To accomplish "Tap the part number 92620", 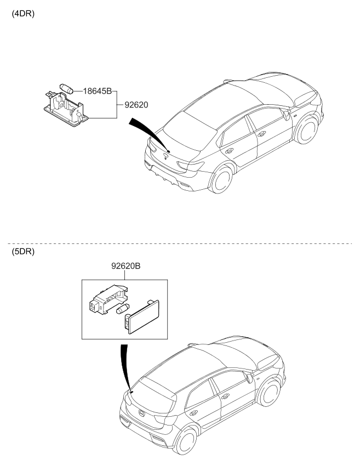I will click(x=136, y=103).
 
